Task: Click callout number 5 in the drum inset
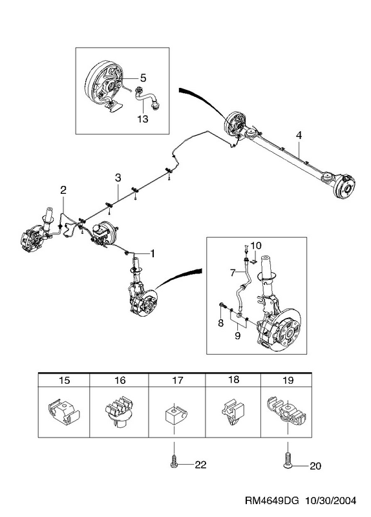coord(143,78)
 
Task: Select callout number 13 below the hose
coord(143,119)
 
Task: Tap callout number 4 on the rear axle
coord(299,135)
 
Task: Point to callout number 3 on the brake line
coord(118,178)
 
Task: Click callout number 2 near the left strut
coord(63,189)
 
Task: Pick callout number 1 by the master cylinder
coord(152,253)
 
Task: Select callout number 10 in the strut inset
coord(256,246)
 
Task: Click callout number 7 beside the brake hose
coord(233,273)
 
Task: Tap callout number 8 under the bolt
coord(220,322)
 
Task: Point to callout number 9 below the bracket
coord(238,336)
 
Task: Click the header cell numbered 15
coord(64,380)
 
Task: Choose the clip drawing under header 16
coord(120,411)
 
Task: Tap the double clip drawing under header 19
coord(286,411)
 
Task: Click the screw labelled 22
coord(174,461)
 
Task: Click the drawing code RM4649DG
coord(271,500)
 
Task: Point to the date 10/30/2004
coord(331,500)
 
